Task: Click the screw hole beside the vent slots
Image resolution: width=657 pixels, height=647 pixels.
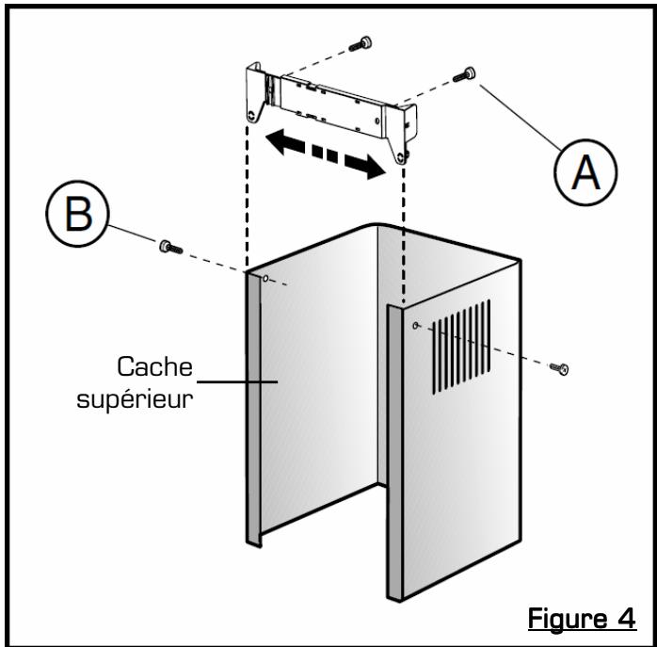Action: [415, 325]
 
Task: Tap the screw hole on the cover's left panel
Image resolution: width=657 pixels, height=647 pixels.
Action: [266, 279]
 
